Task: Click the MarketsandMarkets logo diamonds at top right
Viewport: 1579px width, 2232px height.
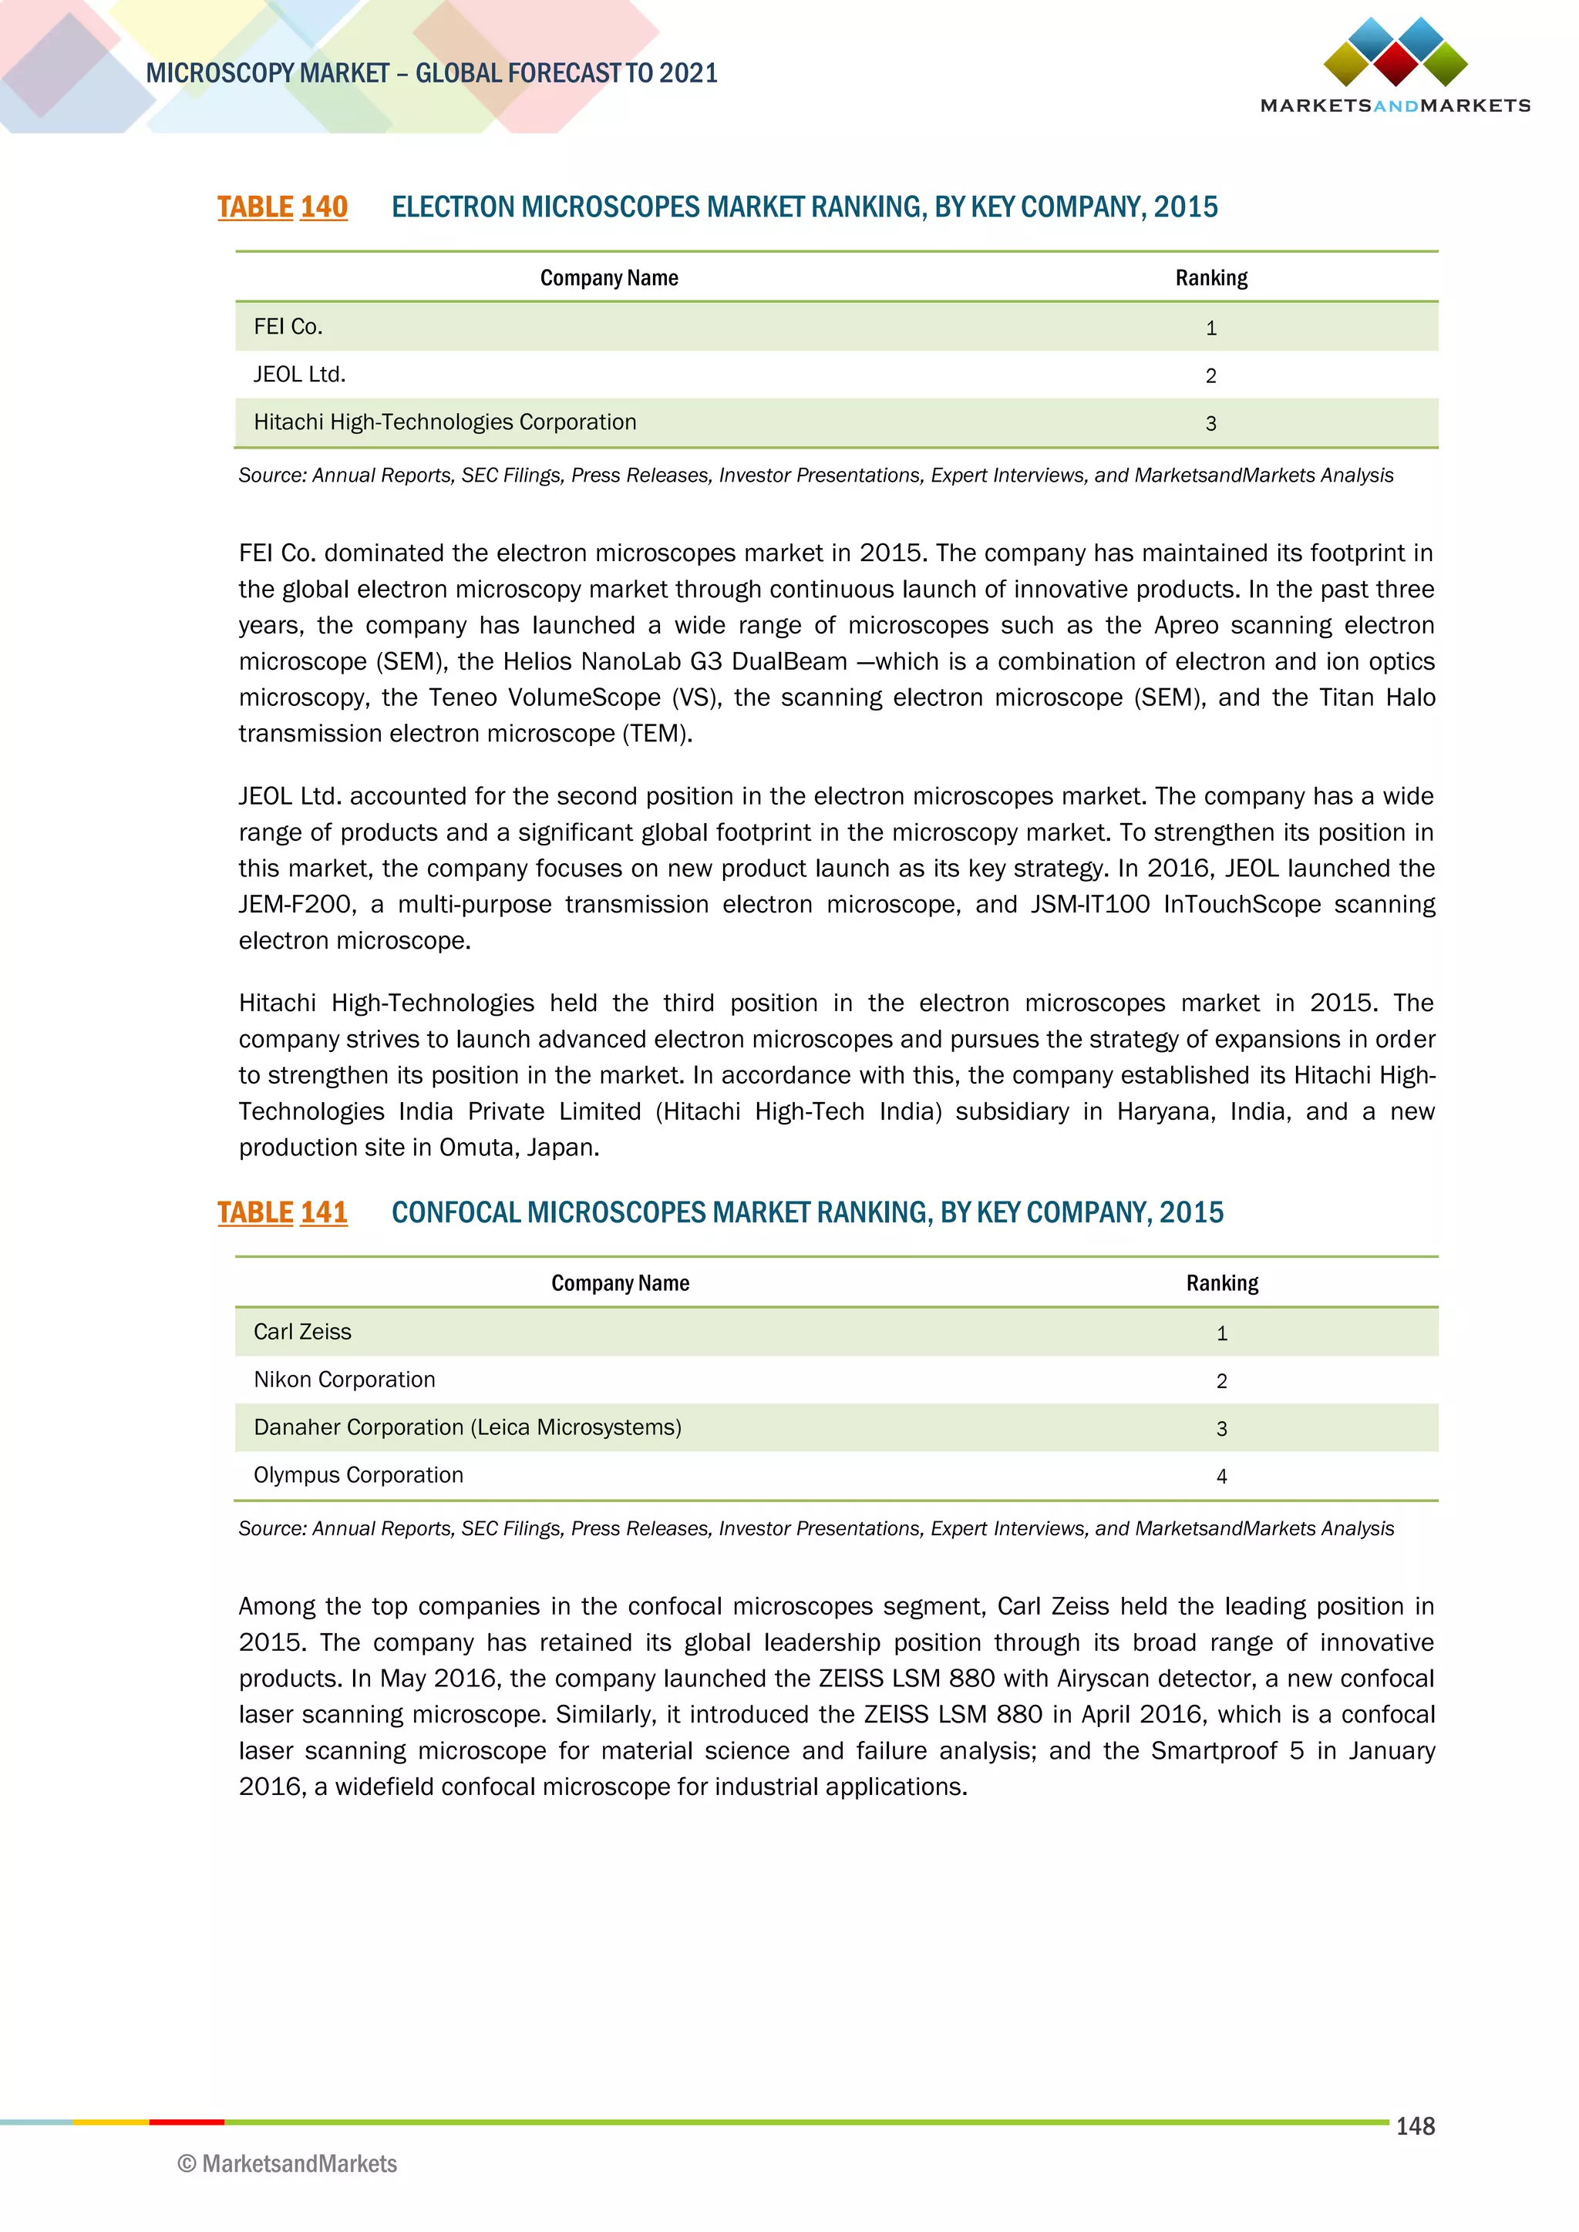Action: [1396, 52]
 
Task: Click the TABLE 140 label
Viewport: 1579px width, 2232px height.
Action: [282, 207]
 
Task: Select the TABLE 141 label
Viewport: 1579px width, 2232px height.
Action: [282, 1212]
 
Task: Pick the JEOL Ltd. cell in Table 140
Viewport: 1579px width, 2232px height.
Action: [299, 375]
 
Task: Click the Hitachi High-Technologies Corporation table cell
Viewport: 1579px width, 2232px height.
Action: [444, 422]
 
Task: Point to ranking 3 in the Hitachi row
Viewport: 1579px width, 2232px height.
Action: [1210, 424]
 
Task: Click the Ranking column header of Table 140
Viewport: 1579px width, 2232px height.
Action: [1210, 278]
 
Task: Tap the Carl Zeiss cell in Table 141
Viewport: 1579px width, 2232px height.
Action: [302, 1332]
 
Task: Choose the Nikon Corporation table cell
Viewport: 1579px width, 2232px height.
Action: [344, 1380]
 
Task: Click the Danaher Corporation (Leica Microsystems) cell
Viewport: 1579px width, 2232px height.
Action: [466, 1427]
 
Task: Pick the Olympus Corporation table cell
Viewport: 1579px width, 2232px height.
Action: [358, 1474]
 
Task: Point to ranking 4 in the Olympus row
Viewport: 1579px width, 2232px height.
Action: [1221, 1477]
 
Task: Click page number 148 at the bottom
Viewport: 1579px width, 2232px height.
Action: [1415, 2126]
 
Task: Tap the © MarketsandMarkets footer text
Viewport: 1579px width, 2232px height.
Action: [288, 2164]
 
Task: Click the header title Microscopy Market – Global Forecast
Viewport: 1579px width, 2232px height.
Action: [431, 73]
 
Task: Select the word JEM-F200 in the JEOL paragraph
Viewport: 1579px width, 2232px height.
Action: [297, 905]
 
